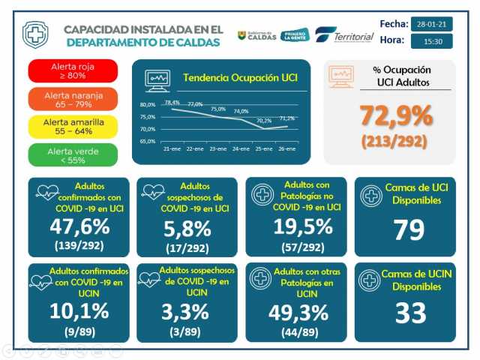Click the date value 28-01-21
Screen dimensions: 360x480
pyautogui.click(x=431, y=24)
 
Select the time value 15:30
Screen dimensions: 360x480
pyautogui.click(x=431, y=40)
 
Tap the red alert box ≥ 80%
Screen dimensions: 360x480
pyautogui.click(x=73, y=70)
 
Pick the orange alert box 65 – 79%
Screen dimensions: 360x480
pyautogui.click(x=73, y=98)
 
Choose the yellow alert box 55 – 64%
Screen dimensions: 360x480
pyautogui.click(x=73, y=126)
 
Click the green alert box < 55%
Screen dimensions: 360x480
pyautogui.click(x=73, y=154)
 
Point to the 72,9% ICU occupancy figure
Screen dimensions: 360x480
pyautogui.click(x=396, y=115)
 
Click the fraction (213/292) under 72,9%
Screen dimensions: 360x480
pyautogui.click(x=396, y=140)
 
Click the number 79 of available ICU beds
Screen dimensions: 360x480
pyautogui.click(x=409, y=229)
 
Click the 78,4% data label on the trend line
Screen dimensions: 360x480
pyautogui.click(x=172, y=102)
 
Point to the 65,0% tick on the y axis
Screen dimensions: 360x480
pyautogui.click(x=148, y=141)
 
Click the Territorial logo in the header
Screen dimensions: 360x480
pyautogui.click(x=345, y=36)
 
